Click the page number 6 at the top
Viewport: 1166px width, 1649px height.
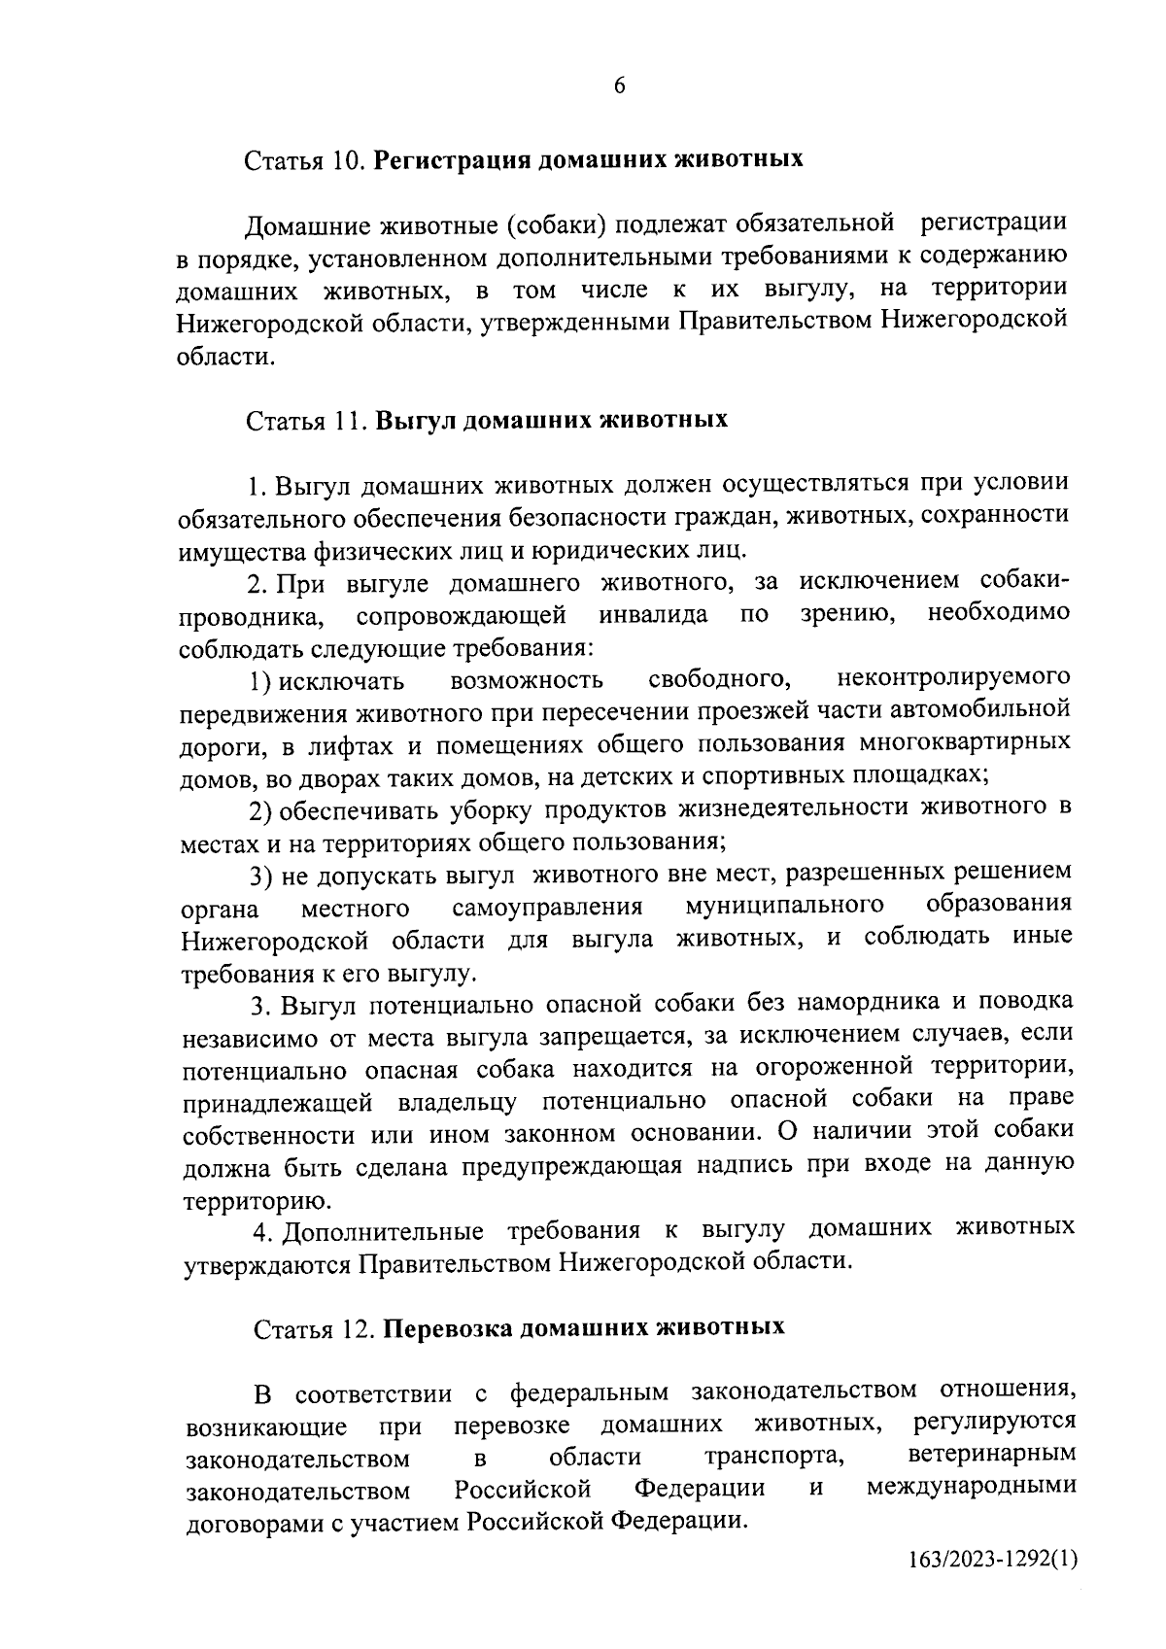[619, 86]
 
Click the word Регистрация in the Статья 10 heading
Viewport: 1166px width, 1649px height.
[452, 159]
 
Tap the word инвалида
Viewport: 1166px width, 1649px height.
[653, 615]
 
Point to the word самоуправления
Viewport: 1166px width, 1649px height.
[547, 908]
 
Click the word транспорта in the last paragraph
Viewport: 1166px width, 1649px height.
[772, 1457]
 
